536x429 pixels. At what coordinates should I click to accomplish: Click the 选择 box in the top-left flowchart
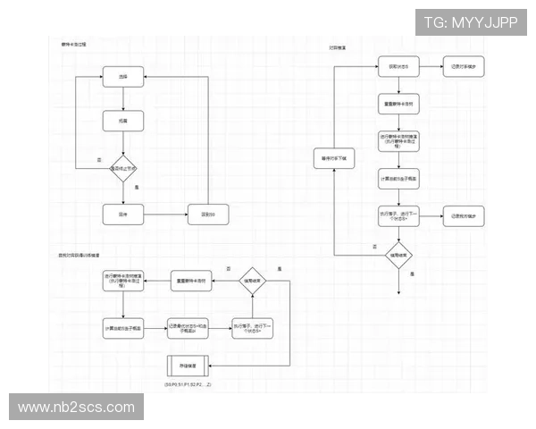click(122, 79)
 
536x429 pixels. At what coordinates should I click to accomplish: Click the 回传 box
click(122, 214)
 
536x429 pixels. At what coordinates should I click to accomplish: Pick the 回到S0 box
click(208, 214)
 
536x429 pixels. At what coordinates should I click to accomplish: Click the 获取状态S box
click(398, 67)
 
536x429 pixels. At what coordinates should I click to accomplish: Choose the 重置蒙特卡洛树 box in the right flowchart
click(398, 104)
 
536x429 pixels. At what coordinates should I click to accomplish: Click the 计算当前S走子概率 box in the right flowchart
click(398, 178)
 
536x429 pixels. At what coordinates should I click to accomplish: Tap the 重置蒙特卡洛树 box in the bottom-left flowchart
click(189, 281)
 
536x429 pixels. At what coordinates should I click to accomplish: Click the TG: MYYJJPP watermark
click(470, 22)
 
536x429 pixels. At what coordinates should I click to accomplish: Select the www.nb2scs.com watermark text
click(77, 408)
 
